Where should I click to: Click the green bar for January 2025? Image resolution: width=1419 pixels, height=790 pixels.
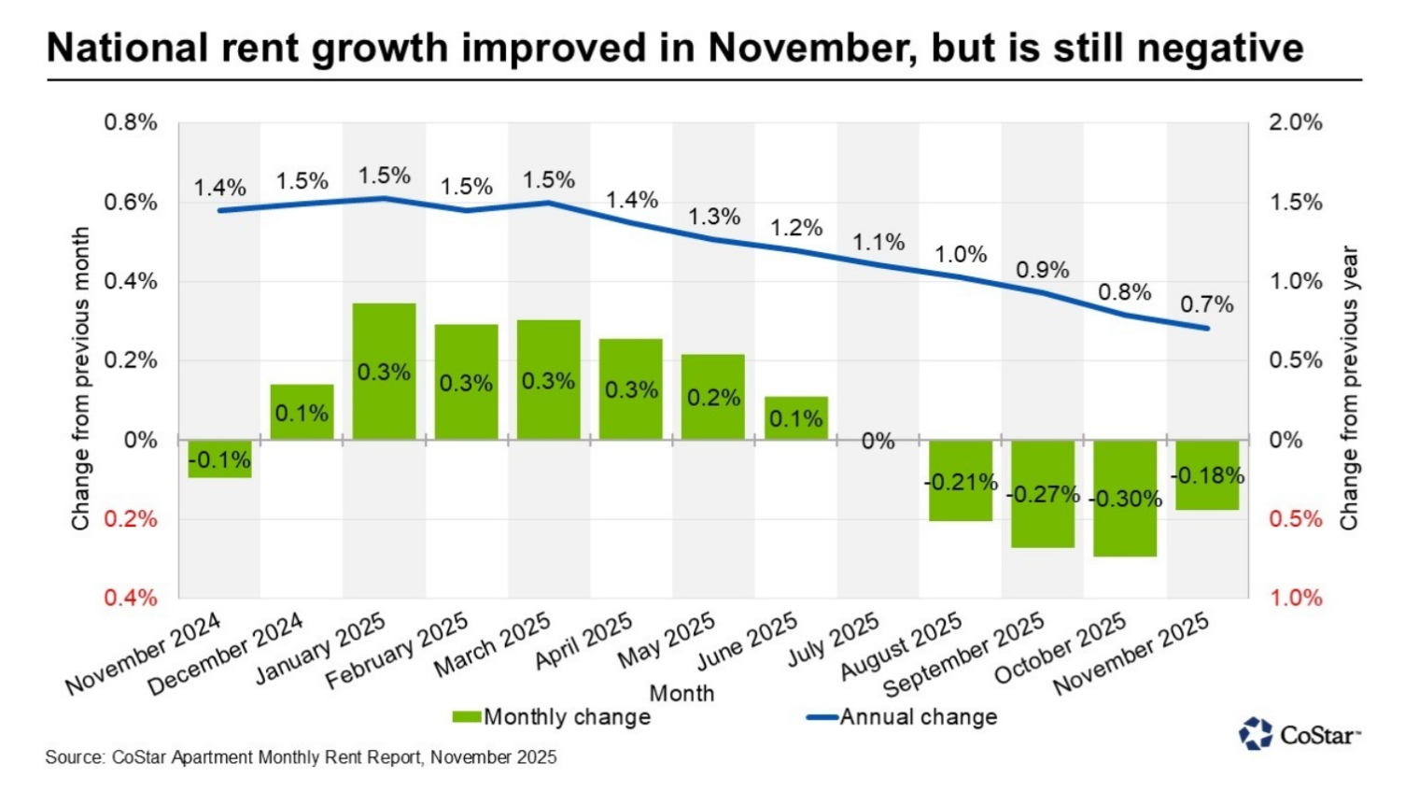385,371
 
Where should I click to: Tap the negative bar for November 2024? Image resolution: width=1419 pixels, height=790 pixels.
219,458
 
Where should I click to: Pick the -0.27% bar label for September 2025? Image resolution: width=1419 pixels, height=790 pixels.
1043,493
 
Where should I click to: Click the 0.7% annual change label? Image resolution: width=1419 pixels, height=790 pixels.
1206,304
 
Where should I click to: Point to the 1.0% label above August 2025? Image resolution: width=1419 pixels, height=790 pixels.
961,254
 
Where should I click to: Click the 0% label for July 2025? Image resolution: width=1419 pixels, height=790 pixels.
878,441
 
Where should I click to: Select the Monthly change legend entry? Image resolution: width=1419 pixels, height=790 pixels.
552,717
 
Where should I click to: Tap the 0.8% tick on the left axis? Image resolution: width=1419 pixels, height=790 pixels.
131,122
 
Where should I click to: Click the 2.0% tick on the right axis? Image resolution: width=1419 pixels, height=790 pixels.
1295,122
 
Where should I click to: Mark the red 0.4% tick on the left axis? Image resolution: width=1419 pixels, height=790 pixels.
131,598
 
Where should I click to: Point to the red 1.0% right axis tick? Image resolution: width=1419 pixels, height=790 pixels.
1295,598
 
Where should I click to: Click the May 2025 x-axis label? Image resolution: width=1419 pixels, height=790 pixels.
667,641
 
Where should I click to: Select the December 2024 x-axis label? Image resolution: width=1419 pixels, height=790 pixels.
226,654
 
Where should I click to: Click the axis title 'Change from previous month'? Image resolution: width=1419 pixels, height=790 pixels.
81,378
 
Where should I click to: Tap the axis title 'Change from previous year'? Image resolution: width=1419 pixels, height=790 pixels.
1349,388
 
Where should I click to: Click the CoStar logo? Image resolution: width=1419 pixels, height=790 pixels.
1300,735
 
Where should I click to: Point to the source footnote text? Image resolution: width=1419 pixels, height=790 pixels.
301,757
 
